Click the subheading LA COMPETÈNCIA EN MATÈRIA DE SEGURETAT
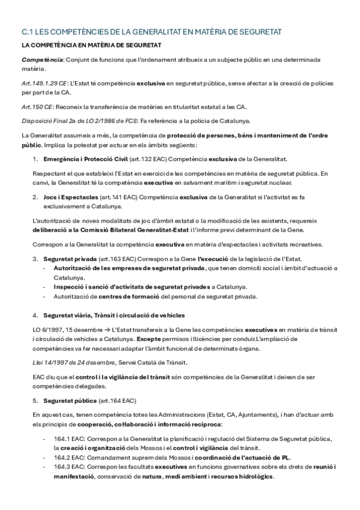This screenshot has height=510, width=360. tap(90, 46)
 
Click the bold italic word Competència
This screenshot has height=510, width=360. tap(42, 60)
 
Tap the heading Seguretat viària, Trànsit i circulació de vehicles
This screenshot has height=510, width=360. tap(114, 315)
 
